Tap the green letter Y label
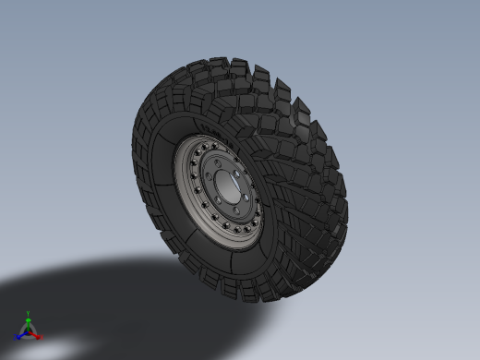(29, 314)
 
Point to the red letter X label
(42, 337)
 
